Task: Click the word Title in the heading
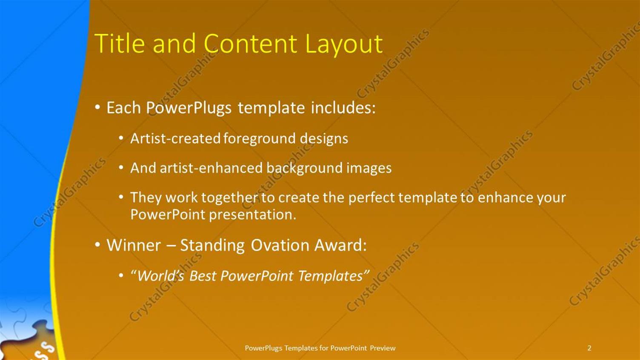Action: click(x=120, y=43)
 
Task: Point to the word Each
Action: click(x=123, y=108)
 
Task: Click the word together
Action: click(x=229, y=198)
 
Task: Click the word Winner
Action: click(x=134, y=246)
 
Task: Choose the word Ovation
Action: click(x=280, y=246)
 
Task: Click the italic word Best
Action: click(x=203, y=276)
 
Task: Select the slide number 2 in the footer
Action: click(x=589, y=348)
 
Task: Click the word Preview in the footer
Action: click(x=383, y=348)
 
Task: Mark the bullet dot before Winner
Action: click(x=97, y=245)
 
